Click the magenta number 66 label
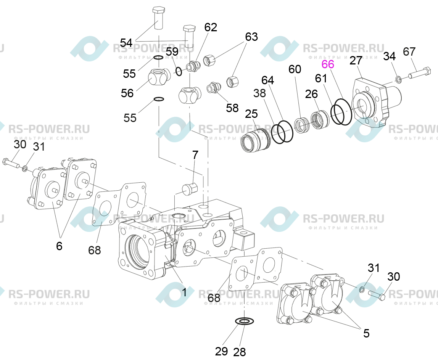pos(328,64)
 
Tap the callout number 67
pos(409,51)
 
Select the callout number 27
pos(356,61)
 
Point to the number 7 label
pos(195,155)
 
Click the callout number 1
pos(184,292)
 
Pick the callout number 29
pos(221,351)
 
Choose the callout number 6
pos(59,246)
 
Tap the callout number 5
pos(366,333)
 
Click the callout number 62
pos(211,27)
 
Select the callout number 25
pos(251,114)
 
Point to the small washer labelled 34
pos(398,80)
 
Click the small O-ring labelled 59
pos(179,71)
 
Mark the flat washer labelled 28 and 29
pos(245,321)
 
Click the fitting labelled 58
pos(213,87)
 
